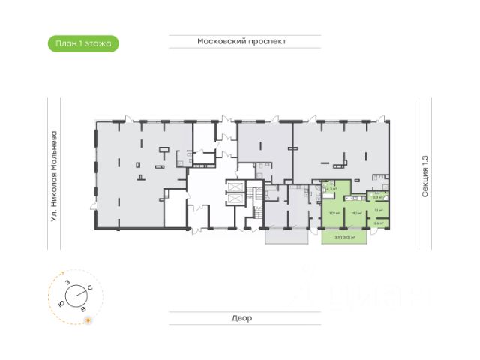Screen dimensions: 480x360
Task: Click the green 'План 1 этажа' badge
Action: (x=82, y=43)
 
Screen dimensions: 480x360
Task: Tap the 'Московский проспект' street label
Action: (x=242, y=42)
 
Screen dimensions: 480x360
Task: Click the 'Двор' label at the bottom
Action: (x=241, y=318)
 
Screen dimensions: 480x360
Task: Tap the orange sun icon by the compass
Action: (x=88, y=320)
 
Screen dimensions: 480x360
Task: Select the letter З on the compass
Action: (x=68, y=281)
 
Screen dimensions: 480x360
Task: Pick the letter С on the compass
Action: (x=90, y=288)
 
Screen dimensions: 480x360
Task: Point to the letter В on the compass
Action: (x=83, y=308)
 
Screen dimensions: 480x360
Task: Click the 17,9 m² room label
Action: (x=333, y=213)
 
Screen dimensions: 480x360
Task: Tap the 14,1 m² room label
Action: (x=357, y=213)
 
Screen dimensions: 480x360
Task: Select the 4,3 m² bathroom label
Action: (x=331, y=190)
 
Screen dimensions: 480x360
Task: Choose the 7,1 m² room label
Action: (x=379, y=211)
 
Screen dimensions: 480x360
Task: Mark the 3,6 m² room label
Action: (x=379, y=223)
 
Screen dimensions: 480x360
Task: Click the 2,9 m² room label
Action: (x=379, y=198)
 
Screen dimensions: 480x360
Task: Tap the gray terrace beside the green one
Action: (x=286, y=235)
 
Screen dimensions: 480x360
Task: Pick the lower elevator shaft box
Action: (x=234, y=200)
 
